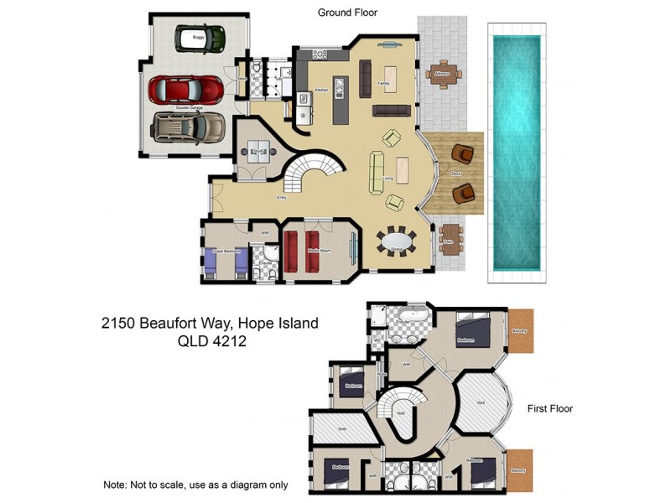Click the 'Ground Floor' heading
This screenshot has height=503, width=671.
tap(347, 13)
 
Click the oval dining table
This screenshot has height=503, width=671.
tap(397, 242)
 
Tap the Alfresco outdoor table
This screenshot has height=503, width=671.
tap(442, 73)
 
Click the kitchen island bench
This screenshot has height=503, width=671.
tap(340, 100)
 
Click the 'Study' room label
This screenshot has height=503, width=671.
tap(258, 151)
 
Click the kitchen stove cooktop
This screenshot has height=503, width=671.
tap(320, 54)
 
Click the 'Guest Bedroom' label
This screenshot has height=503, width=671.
tap(227, 251)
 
